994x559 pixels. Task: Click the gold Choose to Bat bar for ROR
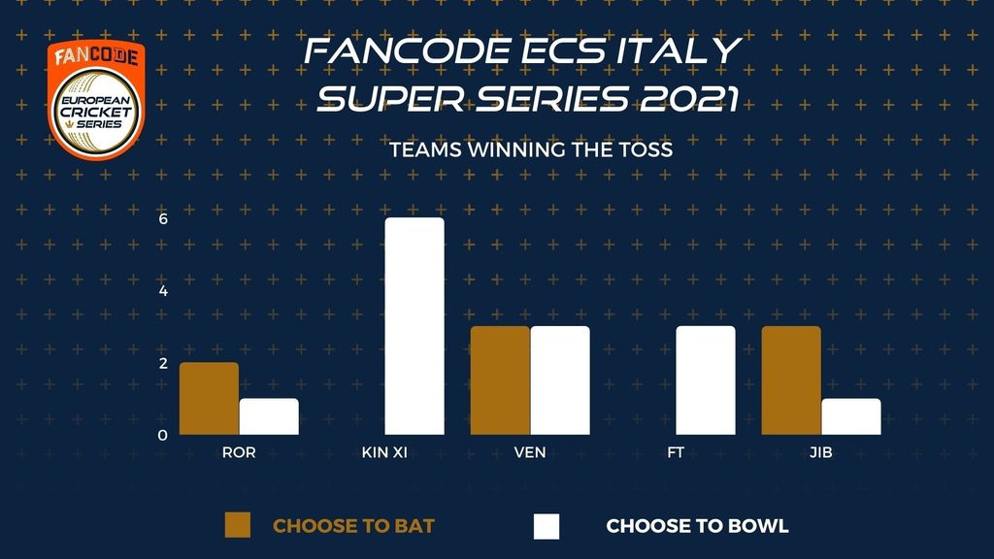pos(210,399)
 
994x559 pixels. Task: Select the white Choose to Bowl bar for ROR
pos(269,416)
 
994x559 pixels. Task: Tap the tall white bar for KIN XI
pos(414,326)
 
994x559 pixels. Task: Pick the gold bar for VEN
pos(500,380)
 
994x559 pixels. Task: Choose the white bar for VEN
pos(560,380)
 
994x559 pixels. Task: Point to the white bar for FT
pos(706,380)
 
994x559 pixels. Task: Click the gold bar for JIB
pos(791,380)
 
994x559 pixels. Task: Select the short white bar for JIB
pos(850,416)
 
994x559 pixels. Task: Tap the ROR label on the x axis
pos(239,452)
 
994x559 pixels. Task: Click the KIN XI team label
pos(384,452)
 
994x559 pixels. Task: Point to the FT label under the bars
pos(676,452)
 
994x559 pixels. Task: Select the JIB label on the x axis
pos(821,452)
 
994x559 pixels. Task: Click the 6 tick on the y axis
pos(163,218)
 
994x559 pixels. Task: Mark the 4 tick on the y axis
pos(163,291)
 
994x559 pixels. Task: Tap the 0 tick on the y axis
pos(163,436)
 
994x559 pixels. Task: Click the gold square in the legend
pos(238,525)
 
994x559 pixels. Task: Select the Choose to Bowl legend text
pos(697,526)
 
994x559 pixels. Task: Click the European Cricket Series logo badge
pos(96,100)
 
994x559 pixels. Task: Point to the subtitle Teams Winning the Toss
pos(531,149)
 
